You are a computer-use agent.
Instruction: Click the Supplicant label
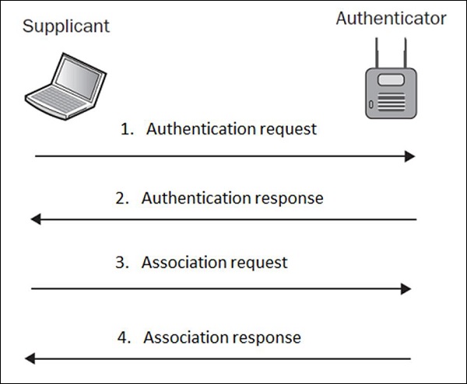(x=66, y=26)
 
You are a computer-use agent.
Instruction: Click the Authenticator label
(x=391, y=19)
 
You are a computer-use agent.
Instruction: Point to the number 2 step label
(x=121, y=198)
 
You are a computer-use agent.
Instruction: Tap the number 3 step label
(x=121, y=263)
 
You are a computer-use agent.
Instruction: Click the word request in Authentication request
(x=288, y=130)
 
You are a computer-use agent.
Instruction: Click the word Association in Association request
(x=185, y=263)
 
